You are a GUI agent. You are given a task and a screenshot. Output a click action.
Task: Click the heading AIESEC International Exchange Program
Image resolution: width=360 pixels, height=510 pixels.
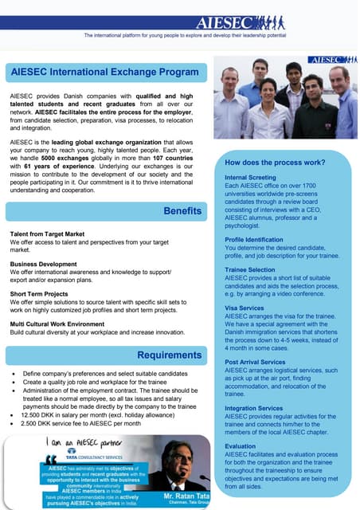tap(104, 73)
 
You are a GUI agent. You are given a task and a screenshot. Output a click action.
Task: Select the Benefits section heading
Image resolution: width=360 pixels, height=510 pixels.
tap(182, 210)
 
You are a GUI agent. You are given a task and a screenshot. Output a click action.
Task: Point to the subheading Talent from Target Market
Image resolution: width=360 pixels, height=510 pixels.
tap(47, 233)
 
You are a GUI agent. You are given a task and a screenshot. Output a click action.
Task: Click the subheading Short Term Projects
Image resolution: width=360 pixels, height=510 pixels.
tap(40, 292)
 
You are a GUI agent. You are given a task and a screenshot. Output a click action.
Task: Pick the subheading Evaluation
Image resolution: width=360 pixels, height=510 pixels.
tap(241, 446)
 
